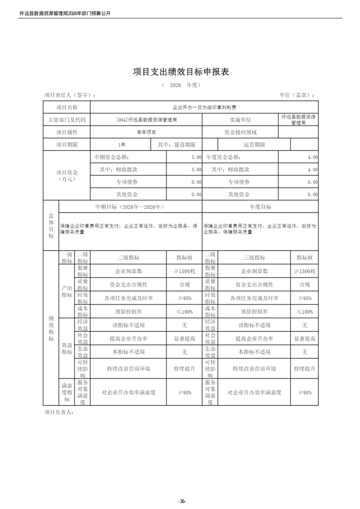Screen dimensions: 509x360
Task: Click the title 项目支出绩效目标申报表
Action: (180, 72)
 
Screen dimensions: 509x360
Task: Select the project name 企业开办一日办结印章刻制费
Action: (204, 108)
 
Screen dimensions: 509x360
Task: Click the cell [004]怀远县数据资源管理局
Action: (146, 120)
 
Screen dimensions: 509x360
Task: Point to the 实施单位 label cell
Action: (240, 120)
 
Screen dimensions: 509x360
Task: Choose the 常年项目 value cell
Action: (146, 132)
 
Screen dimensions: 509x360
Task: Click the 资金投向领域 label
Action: (240, 132)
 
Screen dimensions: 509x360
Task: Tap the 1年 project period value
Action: (121, 144)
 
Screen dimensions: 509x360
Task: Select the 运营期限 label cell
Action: (254, 144)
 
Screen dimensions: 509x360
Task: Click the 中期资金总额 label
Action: (111, 157)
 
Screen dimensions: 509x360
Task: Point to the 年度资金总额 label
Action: (223, 157)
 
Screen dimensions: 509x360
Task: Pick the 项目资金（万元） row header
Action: (67, 176)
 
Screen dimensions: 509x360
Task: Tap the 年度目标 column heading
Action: (260, 206)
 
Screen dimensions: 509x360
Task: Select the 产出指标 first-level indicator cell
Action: (67, 291)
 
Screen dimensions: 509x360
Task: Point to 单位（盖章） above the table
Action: (297, 95)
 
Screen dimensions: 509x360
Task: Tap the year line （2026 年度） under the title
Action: (180, 85)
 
